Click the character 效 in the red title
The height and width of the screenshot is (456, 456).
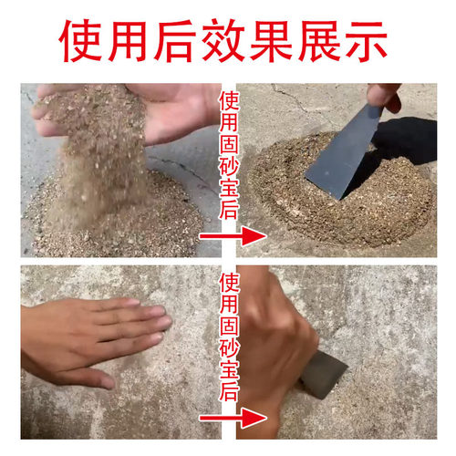pos(228,40)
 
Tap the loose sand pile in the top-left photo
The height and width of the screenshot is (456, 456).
pos(109,219)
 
